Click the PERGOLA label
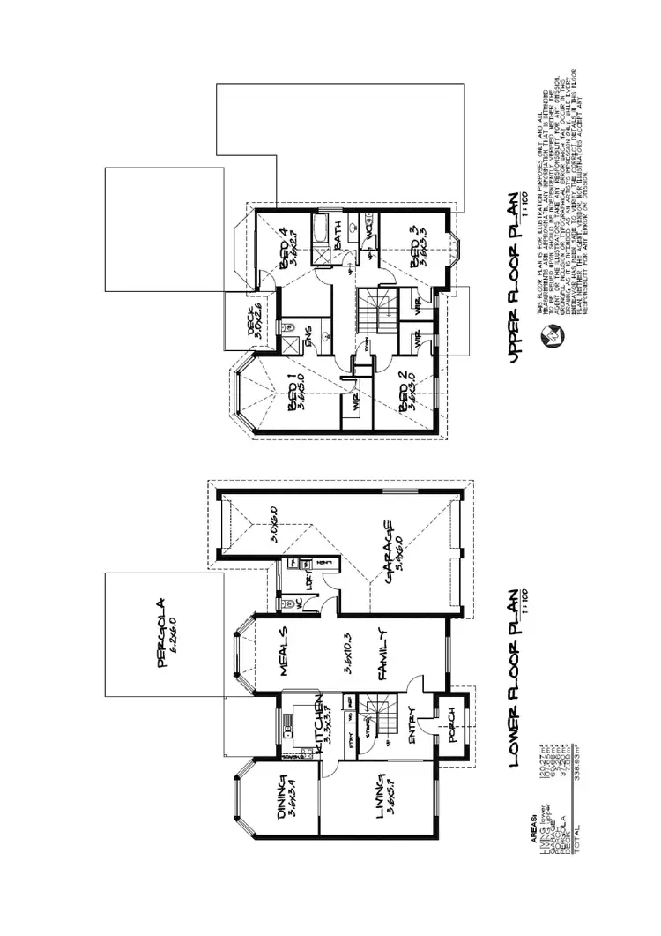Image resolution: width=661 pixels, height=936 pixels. (161, 633)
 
